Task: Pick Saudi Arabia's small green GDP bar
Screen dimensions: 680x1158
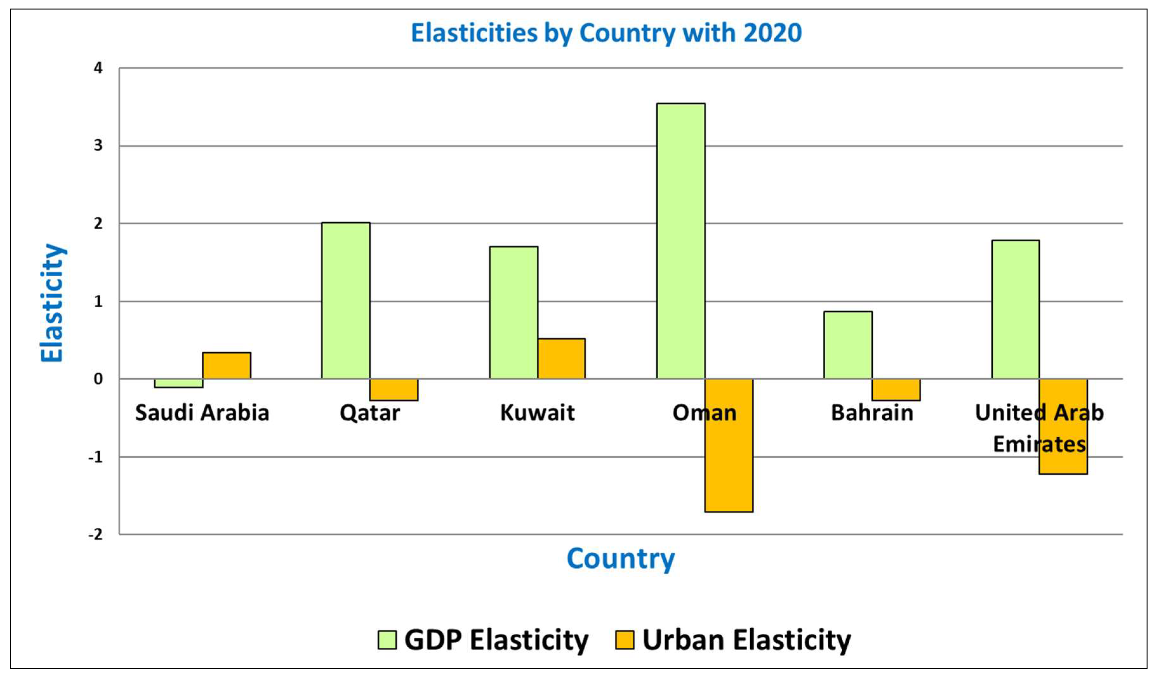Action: [178, 383]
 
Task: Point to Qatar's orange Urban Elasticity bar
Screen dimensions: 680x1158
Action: [394, 389]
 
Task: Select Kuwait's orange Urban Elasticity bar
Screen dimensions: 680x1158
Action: [562, 359]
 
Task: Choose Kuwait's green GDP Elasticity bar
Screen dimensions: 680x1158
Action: [513, 312]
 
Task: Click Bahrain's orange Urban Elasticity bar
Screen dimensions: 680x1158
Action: [896, 389]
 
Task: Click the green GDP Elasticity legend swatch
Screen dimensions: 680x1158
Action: [387, 640]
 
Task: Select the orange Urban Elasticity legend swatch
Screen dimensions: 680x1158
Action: [624, 640]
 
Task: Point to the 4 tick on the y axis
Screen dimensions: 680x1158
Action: [98, 68]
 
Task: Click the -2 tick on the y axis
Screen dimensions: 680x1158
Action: [95, 534]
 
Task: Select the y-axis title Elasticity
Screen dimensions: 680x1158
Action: [52, 303]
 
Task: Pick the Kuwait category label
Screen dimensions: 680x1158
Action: [537, 413]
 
